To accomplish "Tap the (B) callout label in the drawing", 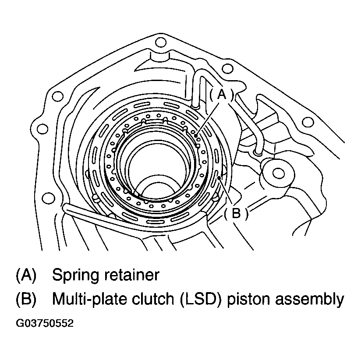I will (236, 213).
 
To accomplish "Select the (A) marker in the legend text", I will (26, 275).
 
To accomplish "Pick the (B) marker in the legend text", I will (26, 299).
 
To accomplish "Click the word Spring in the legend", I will (77, 275).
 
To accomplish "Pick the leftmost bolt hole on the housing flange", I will (42, 128).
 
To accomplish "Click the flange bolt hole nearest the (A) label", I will (227, 69).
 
